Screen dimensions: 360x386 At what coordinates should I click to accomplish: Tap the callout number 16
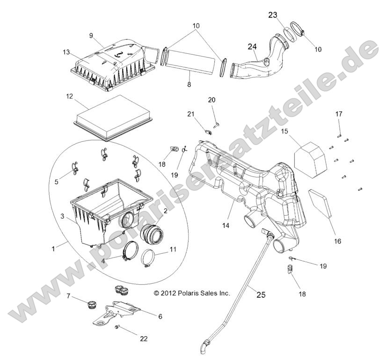337,242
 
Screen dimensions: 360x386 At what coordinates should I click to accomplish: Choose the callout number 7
68,296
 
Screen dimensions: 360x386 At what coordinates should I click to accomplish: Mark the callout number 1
53,248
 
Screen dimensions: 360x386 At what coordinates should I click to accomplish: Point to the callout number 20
211,100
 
